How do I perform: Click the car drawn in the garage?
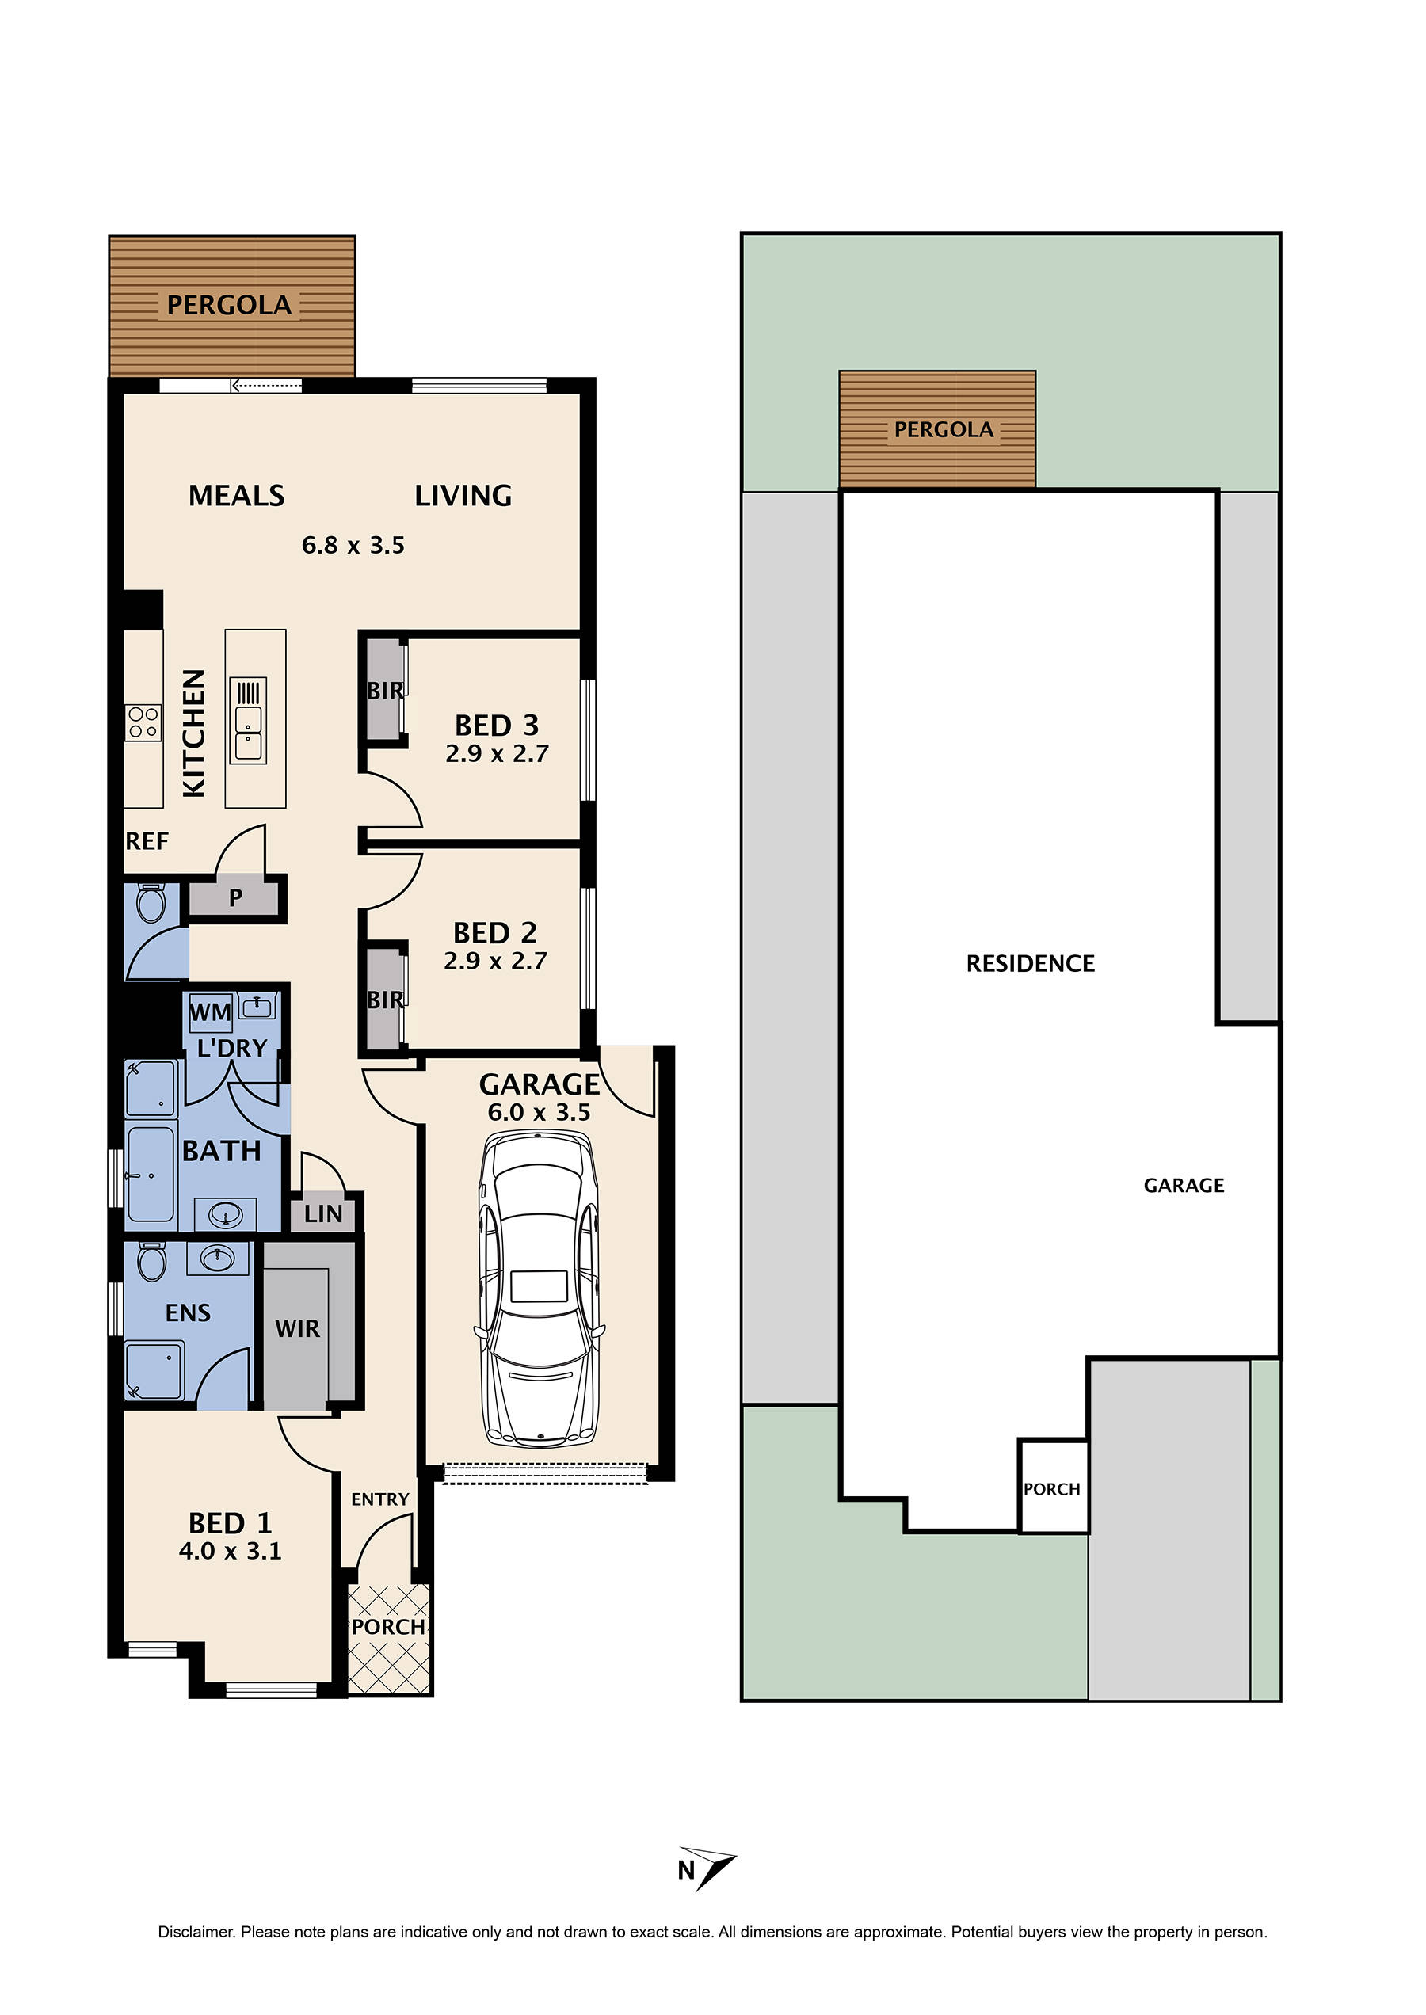(x=540, y=1289)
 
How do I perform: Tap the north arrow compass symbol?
(x=707, y=1868)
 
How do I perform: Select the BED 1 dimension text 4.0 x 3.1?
(x=230, y=1552)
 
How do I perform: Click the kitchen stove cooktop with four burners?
(x=143, y=722)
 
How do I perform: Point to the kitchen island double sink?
(x=249, y=721)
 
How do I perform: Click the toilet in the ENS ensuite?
(x=152, y=1262)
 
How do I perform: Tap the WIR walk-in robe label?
(x=298, y=1329)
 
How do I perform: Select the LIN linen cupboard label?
(x=323, y=1214)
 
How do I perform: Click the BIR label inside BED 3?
(x=384, y=691)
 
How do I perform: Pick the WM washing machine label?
(x=211, y=1012)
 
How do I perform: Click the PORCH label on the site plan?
(x=1052, y=1489)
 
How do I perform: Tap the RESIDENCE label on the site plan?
(x=1030, y=964)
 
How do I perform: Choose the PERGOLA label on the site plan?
(x=944, y=430)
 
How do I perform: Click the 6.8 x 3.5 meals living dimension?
(x=353, y=545)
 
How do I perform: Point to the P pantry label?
(x=235, y=897)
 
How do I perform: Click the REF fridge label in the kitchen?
(x=147, y=841)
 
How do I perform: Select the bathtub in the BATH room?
(x=151, y=1175)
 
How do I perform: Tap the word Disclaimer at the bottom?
(x=196, y=1932)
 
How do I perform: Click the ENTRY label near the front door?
(x=380, y=1499)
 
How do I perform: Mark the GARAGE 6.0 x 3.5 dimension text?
(x=540, y=1112)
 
